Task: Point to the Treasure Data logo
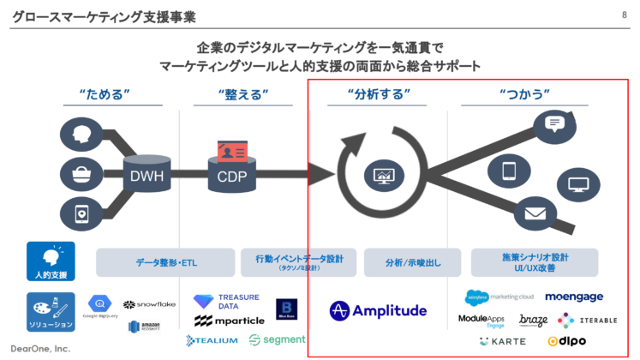(215, 301)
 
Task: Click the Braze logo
(533, 320)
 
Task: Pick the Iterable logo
(586, 320)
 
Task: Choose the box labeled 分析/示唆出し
(411, 262)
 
